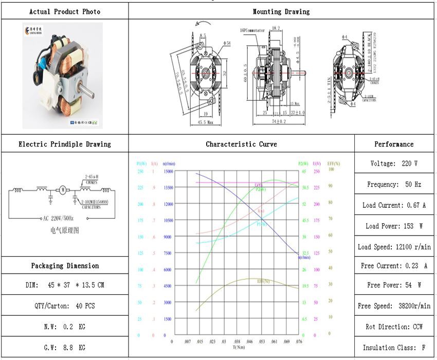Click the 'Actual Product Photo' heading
pos(65,11)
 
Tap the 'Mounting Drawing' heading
pos(281,11)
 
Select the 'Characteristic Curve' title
pos(241,144)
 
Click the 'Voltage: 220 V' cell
pos(394,164)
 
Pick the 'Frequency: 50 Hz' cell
pos(394,184)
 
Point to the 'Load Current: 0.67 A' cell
pos(394,205)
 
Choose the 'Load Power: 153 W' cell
pos(394,226)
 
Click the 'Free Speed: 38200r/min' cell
pos(394,306)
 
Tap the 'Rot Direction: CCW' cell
pos(394,327)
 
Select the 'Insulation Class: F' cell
pos(394,348)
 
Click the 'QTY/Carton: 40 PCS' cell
pos(65,306)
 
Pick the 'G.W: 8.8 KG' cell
pos(65,348)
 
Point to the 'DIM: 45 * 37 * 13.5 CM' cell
pos(65,285)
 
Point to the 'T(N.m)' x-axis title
pos(238,347)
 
